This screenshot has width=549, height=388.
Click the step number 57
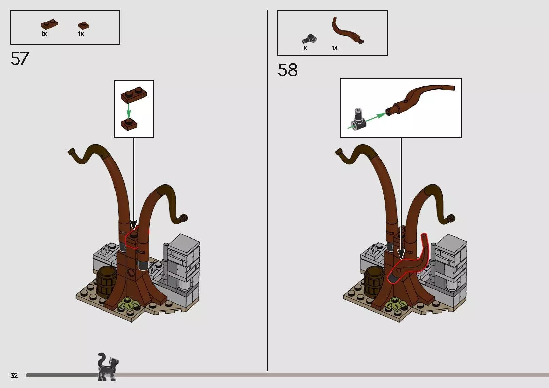20,58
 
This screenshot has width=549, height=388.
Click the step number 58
288,70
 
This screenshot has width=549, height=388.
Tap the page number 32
14,375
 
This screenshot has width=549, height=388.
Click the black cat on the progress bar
107,367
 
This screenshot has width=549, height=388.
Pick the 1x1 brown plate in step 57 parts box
83,25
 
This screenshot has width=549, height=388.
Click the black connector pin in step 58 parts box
309,39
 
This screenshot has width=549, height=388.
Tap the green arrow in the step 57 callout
128,111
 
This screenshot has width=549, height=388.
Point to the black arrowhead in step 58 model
401,255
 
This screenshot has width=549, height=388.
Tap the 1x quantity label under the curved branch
335,48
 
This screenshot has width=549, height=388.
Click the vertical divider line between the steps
267,191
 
